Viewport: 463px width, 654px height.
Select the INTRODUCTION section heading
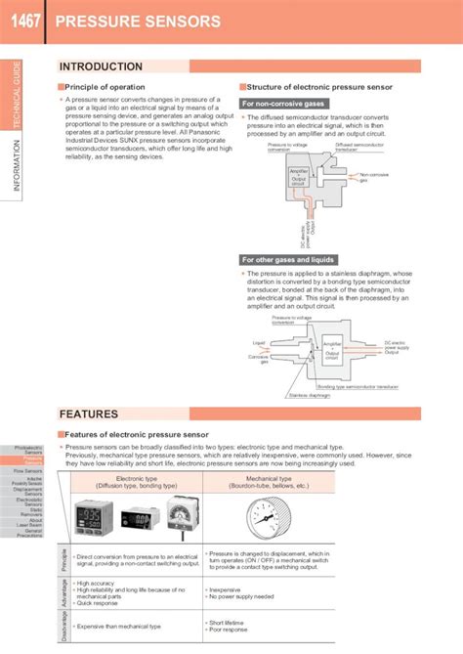coord(102,66)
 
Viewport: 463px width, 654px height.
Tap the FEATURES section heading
coord(89,414)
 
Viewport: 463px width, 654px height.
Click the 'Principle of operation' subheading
coord(105,87)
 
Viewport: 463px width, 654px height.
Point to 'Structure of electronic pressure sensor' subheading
coord(318,87)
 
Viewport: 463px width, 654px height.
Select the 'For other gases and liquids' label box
coord(288,260)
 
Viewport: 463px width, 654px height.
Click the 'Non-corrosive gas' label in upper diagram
coord(374,177)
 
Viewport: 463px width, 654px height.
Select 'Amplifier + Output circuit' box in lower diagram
coord(332,351)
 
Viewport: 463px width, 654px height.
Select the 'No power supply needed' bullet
coord(241,596)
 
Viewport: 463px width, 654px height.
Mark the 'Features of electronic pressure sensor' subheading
coord(136,434)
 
